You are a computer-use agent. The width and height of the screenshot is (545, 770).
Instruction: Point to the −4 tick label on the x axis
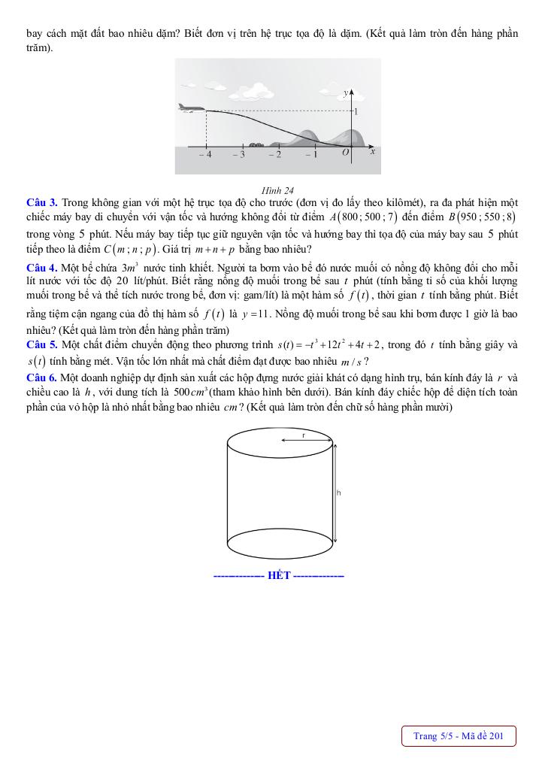205,154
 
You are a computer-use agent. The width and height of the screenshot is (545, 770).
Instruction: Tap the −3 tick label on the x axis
239,154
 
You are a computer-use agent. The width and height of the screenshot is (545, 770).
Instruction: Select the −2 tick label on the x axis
275,154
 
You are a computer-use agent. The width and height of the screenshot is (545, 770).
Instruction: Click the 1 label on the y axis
356,111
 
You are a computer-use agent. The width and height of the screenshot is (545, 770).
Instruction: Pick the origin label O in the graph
345,153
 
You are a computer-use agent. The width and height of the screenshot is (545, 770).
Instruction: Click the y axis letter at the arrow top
345,92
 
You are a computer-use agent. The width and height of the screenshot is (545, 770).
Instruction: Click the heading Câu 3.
41,202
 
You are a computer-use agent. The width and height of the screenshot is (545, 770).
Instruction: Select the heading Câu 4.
41,268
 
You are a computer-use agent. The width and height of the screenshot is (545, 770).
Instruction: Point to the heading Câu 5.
41,344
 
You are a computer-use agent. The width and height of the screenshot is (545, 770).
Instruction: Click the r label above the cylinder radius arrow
304,435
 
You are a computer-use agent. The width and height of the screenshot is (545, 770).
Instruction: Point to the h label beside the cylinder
339,493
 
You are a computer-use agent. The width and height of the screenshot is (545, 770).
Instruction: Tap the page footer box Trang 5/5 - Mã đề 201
458,735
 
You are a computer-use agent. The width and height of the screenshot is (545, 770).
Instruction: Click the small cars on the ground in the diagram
256,144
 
